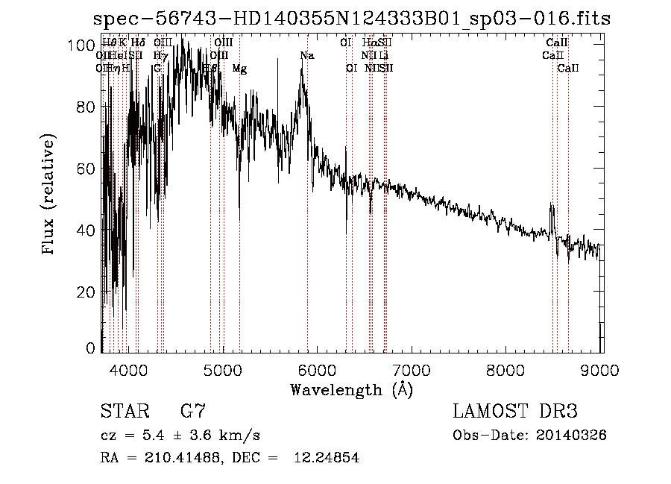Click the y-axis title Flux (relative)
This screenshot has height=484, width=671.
pos(49,195)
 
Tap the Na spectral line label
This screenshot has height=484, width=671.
pos(306,55)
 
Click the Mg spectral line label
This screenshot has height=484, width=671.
pos(239,68)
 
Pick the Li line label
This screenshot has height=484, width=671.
pos(383,55)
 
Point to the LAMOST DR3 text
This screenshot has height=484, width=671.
pos(515,411)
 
